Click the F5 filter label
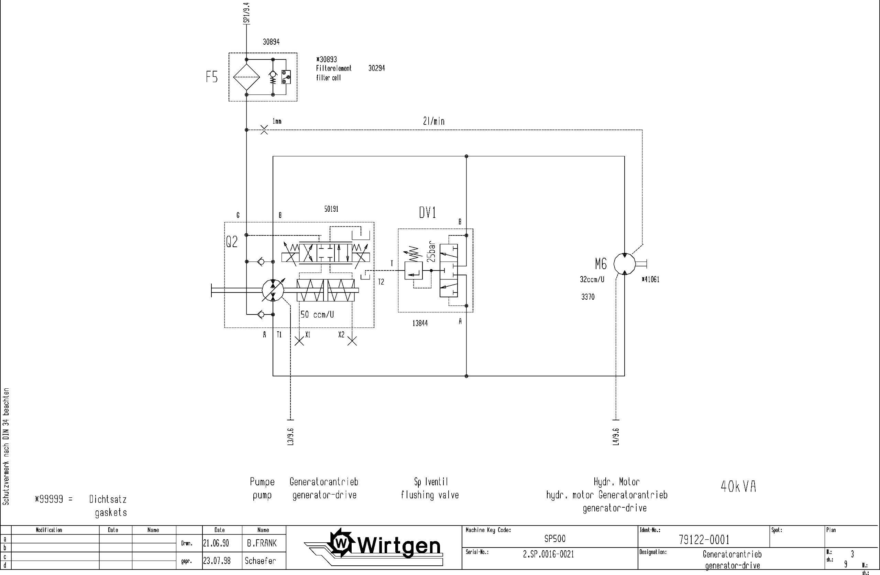click(x=212, y=77)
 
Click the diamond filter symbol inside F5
click(x=246, y=77)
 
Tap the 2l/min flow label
click(x=434, y=121)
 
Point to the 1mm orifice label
click(x=277, y=121)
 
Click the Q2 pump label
click(x=232, y=242)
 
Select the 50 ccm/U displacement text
click(x=317, y=315)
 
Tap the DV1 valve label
click(x=427, y=213)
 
